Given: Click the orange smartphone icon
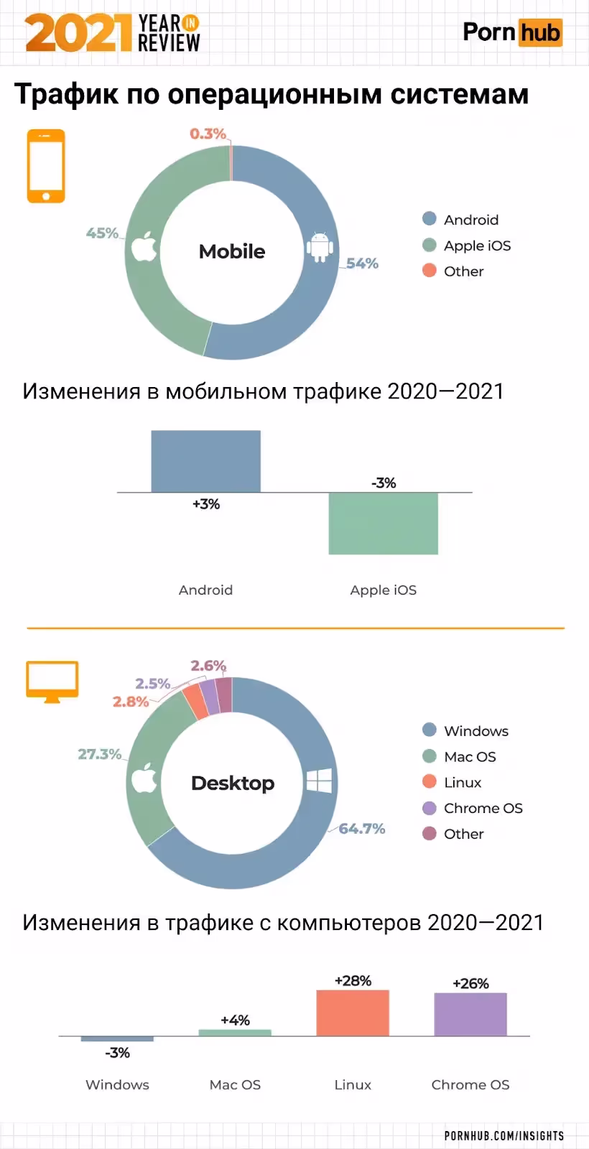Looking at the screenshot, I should pyautogui.click(x=46, y=166).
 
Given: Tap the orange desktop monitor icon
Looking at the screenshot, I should pyautogui.click(x=52, y=681).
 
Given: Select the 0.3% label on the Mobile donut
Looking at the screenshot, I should pyautogui.click(x=208, y=134).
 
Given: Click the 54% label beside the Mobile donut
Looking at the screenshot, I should pyautogui.click(x=362, y=264).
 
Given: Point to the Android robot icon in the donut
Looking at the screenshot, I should pyautogui.click(x=320, y=246).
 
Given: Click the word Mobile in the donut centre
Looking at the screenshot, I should pyautogui.click(x=231, y=251).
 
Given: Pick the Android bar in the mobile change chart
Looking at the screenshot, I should pyautogui.click(x=205, y=461).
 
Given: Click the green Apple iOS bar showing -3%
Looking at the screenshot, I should pyautogui.click(x=383, y=523).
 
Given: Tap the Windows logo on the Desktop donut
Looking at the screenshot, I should pyautogui.click(x=319, y=781).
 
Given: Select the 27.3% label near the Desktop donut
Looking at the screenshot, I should pyautogui.click(x=99, y=754).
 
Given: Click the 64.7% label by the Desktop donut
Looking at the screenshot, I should pyautogui.click(x=362, y=829).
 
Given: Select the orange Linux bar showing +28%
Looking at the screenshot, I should pyautogui.click(x=353, y=1013).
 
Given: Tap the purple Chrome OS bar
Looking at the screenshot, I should pyautogui.click(x=470, y=1014).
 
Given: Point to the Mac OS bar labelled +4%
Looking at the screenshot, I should pyautogui.click(x=235, y=1033).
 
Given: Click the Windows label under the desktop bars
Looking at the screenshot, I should pyautogui.click(x=117, y=1084).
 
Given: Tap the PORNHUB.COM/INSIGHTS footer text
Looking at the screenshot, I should pyautogui.click(x=504, y=1135).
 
